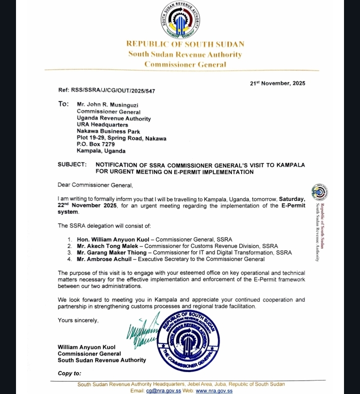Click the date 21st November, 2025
tap(277, 83)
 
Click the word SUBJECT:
tap(72, 164)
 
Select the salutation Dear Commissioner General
tap(95, 185)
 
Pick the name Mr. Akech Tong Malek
tap(107, 246)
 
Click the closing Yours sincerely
tap(78, 320)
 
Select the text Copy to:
tap(69, 373)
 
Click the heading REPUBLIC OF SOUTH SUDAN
tap(185, 44)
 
